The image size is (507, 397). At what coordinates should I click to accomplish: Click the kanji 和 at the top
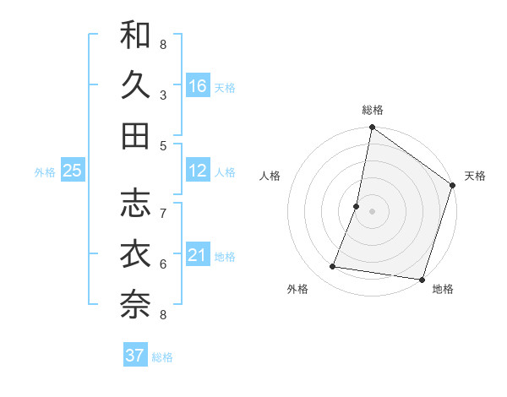click(x=135, y=35)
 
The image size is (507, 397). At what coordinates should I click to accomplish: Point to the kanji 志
click(x=135, y=204)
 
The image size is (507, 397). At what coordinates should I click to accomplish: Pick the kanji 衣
click(x=135, y=254)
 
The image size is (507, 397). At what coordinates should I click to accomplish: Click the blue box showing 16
click(x=198, y=85)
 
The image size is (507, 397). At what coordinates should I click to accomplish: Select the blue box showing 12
click(x=198, y=171)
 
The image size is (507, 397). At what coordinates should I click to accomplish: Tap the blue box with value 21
click(x=198, y=255)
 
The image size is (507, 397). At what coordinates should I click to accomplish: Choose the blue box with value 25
click(x=73, y=171)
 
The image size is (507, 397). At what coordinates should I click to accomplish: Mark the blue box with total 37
click(x=135, y=356)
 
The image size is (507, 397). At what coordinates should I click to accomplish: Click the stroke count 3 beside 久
click(x=163, y=95)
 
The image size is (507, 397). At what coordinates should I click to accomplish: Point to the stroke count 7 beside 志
click(x=163, y=214)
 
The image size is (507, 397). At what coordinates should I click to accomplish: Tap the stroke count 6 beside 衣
click(x=163, y=264)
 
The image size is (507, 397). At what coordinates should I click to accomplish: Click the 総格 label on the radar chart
click(x=373, y=110)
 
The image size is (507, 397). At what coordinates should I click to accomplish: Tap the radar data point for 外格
click(x=332, y=267)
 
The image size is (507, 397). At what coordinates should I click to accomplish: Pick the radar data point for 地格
click(x=422, y=280)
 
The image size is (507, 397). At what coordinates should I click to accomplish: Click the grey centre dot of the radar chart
click(x=372, y=211)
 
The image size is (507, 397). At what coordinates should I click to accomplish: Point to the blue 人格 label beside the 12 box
click(x=225, y=172)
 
